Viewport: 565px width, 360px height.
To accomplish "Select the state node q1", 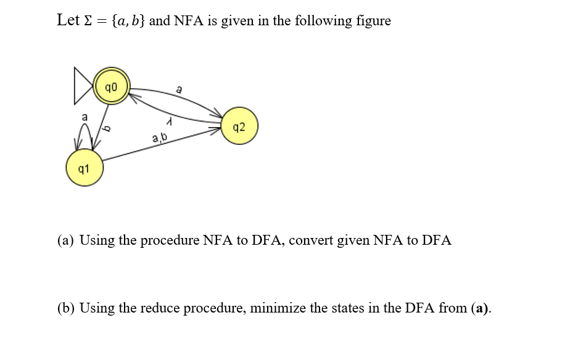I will [x=85, y=168].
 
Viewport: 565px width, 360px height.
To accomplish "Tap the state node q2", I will [x=239, y=128].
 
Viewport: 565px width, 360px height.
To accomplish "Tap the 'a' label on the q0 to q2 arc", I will [x=179, y=90].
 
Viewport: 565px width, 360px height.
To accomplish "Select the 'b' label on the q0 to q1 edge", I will [x=106, y=128].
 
